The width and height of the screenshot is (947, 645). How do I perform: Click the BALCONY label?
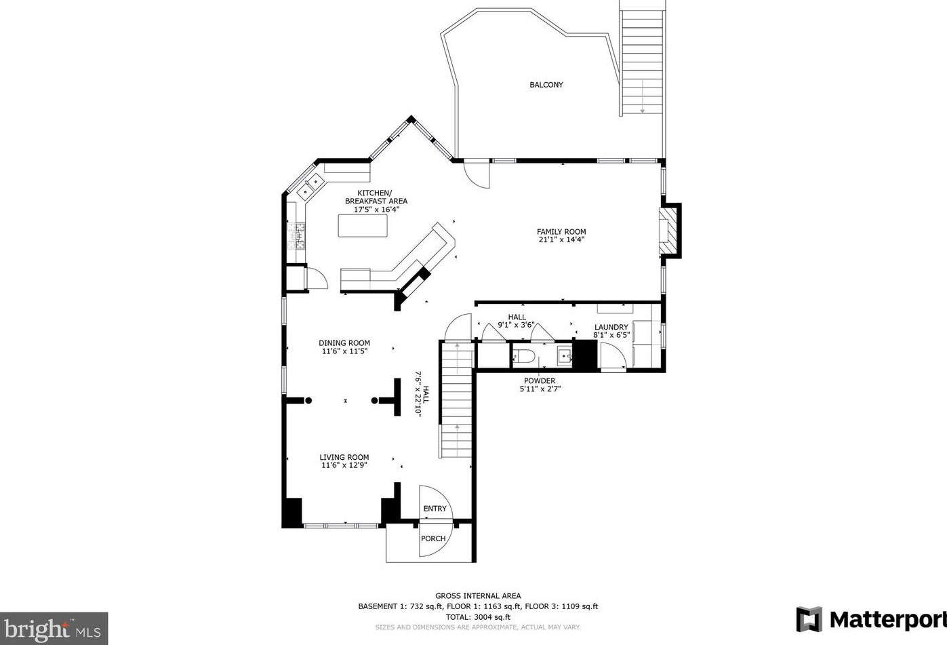click(x=546, y=85)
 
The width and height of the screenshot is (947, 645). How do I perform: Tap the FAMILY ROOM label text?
click(x=561, y=232)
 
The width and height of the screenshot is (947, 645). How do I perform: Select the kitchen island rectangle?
click(x=363, y=225)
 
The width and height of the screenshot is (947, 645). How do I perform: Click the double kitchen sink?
click(x=310, y=187)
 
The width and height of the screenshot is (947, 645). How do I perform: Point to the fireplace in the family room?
click(x=669, y=231)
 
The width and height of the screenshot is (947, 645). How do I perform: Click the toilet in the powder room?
click(x=525, y=356)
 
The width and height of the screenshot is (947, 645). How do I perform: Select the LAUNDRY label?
click(x=611, y=327)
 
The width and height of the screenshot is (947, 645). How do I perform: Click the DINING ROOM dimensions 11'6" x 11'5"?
click(x=344, y=351)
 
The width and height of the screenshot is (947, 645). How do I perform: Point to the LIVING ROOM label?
click(x=344, y=457)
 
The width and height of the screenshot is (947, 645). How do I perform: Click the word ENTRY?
click(x=435, y=509)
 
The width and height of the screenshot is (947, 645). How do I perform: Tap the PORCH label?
click(x=433, y=539)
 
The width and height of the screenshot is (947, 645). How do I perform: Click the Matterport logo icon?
click(x=809, y=620)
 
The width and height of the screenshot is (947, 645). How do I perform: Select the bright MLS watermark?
click(x=54, y=629)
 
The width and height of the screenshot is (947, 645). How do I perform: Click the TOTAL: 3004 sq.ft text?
click(x=478, y=617)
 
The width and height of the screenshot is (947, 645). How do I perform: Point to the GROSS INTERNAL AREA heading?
click(x=478, y=596)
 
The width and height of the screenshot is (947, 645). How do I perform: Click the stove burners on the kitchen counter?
click(x=296, y=236)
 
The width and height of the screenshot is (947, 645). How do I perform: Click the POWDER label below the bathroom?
click(x=540, y=380)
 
